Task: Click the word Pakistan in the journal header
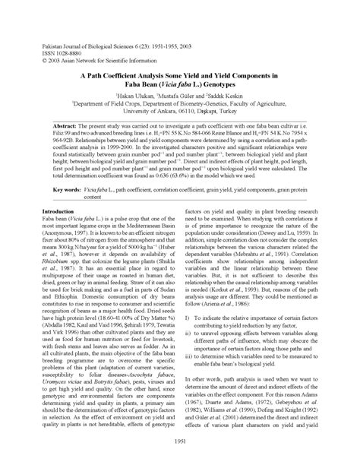pos(49,36)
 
